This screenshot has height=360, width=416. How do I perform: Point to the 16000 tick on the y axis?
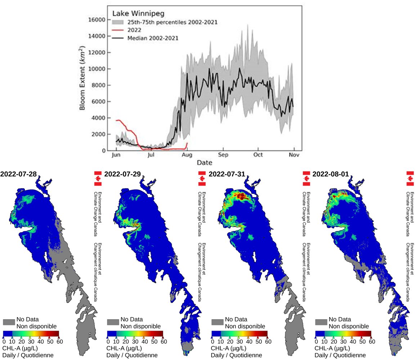(x=100, y=20)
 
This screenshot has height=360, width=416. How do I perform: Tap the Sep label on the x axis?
(x=223, y=156)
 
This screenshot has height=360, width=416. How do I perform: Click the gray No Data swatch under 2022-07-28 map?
(x=9, y=322)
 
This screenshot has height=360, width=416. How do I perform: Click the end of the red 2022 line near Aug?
(x=187, y=143)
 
